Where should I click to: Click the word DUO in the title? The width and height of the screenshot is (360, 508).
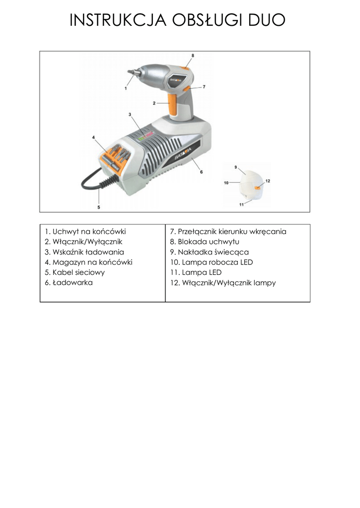pos(267,20)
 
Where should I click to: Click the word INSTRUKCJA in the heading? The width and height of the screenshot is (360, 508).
pos(118,20)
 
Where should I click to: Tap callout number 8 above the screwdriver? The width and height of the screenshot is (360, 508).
pos(193,56)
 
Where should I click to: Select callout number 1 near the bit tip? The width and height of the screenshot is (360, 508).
pos(126,88)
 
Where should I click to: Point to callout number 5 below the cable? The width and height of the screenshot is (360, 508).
pos(99,207)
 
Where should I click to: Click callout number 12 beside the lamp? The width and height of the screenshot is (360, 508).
pos(268,181)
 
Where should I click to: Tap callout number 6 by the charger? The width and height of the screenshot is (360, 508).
pos(202,172)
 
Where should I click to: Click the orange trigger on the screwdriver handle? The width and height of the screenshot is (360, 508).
pos(175,103)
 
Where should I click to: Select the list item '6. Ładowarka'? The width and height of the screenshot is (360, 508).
pos(69,282)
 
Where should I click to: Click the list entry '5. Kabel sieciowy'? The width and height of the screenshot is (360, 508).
pos(75,272)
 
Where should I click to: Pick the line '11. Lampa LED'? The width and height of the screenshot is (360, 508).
pos(196,272)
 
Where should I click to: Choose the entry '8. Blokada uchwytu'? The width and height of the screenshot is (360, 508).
pos(205,242)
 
